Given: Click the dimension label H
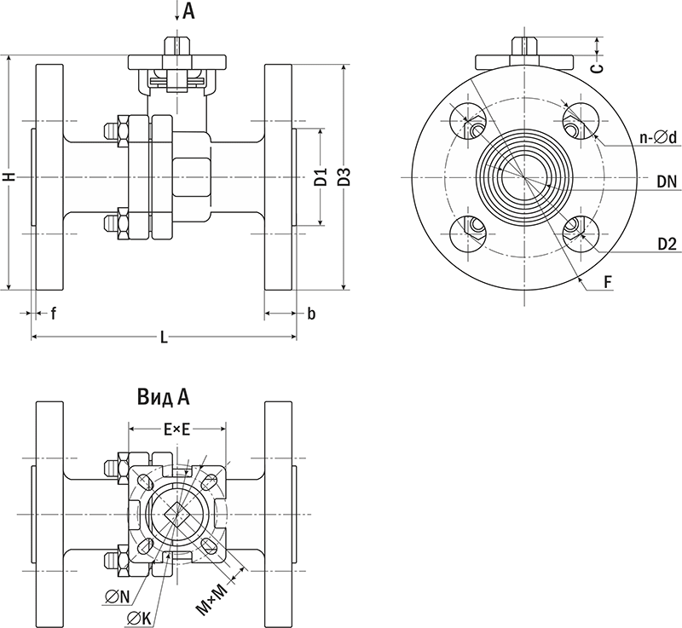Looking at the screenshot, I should (9, 176).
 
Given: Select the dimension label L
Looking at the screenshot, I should (164, 338).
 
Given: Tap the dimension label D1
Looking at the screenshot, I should (321, 178).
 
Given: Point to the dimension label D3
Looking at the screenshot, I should (345, 177).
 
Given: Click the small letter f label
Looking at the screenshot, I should (53, 314).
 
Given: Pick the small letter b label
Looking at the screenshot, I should (311, 314).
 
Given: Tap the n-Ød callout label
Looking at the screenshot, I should (657, 137).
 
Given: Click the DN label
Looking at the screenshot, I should (667, 181).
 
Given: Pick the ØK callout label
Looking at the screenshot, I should (139, 618).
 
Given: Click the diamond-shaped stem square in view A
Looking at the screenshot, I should (176, 514).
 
